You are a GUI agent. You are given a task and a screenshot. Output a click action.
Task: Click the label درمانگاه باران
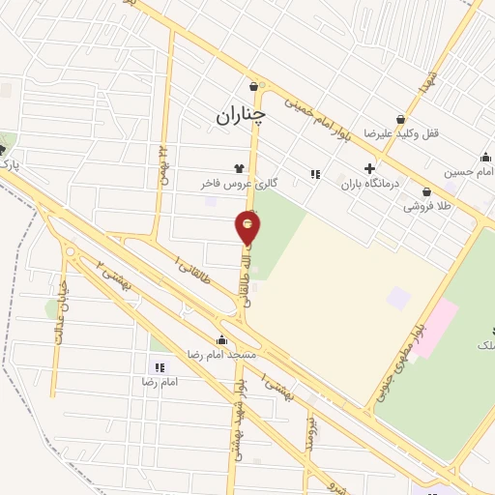click(369, 181)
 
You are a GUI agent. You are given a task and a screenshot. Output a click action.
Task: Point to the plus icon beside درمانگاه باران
click(369, 167)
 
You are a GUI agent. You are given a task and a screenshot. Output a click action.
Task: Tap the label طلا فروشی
click(426, 206)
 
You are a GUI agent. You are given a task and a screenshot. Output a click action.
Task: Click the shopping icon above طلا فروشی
click(426, 191)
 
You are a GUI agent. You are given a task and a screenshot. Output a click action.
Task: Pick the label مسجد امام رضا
click(223, 355)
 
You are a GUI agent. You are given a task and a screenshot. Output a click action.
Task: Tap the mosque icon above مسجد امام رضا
click(223, 340)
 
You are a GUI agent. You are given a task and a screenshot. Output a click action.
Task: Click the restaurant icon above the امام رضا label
click(160, 367)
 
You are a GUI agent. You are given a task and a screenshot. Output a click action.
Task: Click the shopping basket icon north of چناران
click(253, 85)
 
